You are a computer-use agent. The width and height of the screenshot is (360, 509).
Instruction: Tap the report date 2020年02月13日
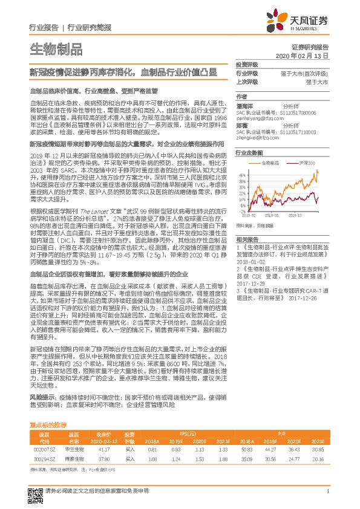(x=306, y=56)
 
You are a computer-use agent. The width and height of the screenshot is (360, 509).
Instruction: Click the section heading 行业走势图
(x=249, y=154)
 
